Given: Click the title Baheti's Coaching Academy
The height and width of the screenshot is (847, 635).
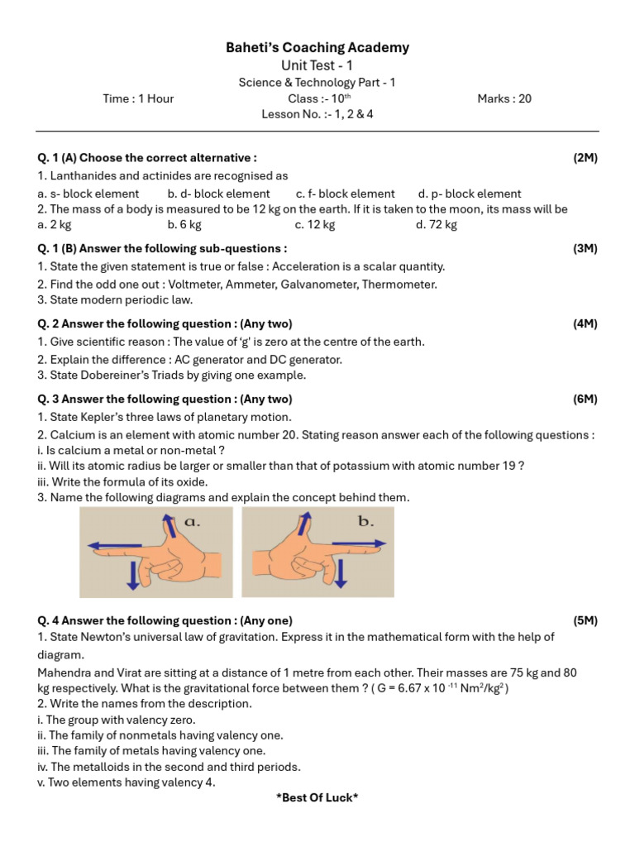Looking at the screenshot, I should pos(317,48).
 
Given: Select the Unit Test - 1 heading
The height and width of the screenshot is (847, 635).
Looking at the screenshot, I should pos(317,65).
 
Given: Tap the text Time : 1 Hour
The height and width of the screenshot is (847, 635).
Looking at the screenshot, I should pos(138,98).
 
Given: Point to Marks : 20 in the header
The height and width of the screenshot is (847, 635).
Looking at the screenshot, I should pos(504,98).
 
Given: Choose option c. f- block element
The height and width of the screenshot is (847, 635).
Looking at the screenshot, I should pos(345,194).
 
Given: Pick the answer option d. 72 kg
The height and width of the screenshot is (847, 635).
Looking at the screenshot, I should pos(437,224).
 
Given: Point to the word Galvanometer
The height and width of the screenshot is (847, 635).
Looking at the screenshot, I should pos(324,284).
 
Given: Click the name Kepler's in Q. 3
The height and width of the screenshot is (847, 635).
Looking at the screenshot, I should pos(106,417).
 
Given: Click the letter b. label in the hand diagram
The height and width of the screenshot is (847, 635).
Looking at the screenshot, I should pos(365,522).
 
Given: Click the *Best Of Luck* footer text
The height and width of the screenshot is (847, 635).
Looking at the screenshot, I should pos(317,797).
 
